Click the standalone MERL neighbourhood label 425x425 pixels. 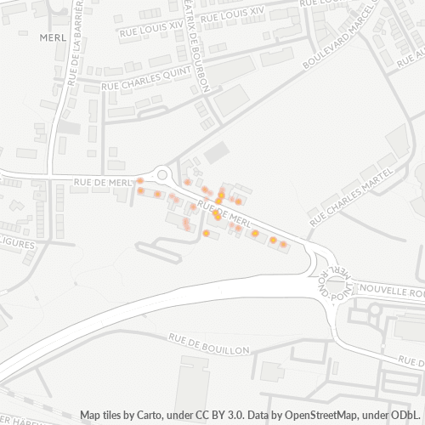pos(53,37)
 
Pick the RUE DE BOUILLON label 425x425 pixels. pos(209,344)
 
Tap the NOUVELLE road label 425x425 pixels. pos(388,291)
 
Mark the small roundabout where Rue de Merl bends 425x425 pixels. pos(161,173)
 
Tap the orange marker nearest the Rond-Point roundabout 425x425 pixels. pos(283,244)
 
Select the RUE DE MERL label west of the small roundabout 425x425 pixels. pos(102,182)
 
